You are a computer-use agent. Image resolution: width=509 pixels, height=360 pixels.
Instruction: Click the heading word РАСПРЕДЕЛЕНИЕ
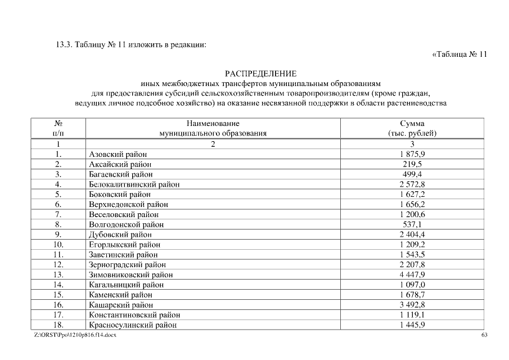[x=260, y=74]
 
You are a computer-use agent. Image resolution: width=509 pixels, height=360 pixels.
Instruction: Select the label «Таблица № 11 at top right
[x=458, y=54]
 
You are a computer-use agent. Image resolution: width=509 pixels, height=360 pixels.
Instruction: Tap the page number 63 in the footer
[x=484, y=335]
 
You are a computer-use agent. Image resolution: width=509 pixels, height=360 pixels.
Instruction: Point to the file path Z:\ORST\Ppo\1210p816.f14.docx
[x=75, y=335]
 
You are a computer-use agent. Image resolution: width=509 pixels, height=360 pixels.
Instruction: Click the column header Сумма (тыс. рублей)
[x=412, y=128]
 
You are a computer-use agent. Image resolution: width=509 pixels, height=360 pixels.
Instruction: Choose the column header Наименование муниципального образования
[x=213, y=128]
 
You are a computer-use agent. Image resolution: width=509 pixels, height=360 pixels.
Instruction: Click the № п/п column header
[x=58, y=128]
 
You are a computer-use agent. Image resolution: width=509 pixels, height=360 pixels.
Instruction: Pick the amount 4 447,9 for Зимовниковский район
[x=412, y=274]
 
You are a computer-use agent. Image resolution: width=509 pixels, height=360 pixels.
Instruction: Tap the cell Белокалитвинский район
[x=134, y=184]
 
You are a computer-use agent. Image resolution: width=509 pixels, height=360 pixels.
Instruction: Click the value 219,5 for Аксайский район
[x=412, y=164]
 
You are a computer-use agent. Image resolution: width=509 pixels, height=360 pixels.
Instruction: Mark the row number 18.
[x=58, y=325]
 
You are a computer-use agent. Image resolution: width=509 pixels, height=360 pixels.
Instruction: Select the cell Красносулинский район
[x=133, y=325]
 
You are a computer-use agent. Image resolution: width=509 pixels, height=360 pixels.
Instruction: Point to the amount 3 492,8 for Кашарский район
[x=412, y=305]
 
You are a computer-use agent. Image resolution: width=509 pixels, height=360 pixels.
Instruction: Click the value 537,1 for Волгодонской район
[x=412, y=224]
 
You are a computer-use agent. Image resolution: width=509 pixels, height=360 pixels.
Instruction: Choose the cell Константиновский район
[x=134, y=315]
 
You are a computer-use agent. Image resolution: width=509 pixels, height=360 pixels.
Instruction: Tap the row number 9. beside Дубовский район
[x=58, y=235]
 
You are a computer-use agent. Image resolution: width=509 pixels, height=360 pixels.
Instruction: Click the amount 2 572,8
[x=412, y=184]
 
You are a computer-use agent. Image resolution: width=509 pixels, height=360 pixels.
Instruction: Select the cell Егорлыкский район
[x=124, y=245]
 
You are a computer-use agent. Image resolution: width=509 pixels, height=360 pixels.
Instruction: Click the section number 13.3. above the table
[x=58, y=44]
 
